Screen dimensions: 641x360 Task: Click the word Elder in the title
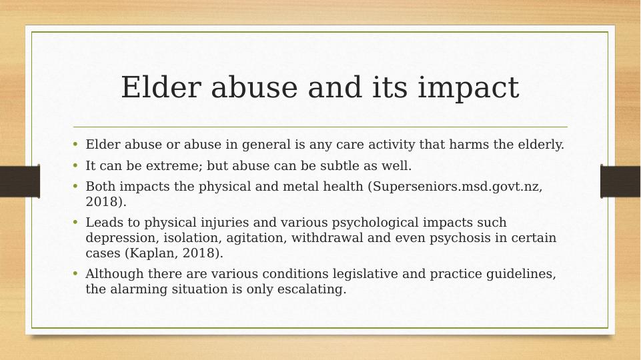pos(161,87)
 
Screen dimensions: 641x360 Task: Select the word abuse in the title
pos(254,87)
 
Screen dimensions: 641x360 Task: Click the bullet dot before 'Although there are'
pos(75,273)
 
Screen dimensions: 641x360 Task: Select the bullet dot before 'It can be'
pos(75,165)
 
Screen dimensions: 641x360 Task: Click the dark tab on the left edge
pos(19,181)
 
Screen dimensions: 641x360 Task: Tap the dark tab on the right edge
pos(620,181)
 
